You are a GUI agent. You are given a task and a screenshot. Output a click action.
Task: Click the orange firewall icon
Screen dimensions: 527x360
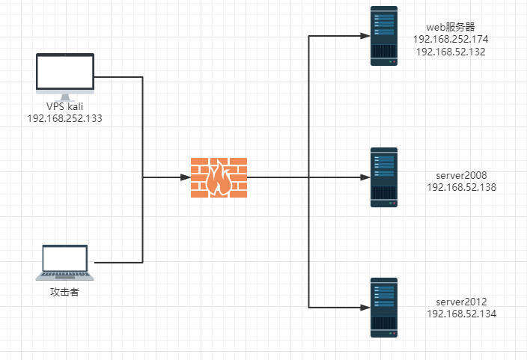pos(219,177)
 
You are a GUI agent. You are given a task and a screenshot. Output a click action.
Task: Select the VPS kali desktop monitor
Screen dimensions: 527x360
pos(65,77)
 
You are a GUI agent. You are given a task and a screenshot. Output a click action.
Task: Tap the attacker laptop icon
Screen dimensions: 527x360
pos(65,263)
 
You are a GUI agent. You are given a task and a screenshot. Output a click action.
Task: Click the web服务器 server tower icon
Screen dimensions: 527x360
pos(384,36)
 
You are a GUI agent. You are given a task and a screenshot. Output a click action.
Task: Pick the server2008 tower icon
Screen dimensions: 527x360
pos(384,177)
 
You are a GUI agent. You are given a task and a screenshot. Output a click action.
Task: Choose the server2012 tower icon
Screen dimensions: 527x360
pos(384,308)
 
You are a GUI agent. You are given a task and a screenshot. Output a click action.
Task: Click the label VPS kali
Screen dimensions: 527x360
pos(65,106)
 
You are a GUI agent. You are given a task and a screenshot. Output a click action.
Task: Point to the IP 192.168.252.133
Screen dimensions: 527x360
pos(65,119)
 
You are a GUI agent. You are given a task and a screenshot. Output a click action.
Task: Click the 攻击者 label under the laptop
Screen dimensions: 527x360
pos(64,292)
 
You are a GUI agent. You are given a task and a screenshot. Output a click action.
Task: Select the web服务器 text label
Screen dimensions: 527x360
pos(451,27)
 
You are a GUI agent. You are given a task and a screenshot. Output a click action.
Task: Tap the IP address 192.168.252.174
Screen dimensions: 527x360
pos(451,40)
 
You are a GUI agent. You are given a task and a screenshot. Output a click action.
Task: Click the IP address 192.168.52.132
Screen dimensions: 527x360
pos(451,52)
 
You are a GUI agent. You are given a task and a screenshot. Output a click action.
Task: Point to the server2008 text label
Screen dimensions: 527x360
pos(461,175)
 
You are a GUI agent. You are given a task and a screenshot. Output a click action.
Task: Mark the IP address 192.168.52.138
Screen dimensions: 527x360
pos(461,187)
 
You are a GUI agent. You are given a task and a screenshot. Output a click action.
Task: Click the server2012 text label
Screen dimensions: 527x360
pos(461,302)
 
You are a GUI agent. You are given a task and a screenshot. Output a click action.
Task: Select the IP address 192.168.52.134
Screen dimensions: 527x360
pos(461,314)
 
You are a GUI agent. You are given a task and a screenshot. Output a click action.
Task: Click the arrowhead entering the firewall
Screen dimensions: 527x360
pos(186,177)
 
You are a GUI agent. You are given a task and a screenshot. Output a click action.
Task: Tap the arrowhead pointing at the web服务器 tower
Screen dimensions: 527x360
pos(365,36)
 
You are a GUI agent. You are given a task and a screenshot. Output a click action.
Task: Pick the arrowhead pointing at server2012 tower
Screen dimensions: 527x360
pos(365,308)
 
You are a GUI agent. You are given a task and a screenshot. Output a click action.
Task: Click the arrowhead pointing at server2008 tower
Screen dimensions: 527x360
pos(365,177)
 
